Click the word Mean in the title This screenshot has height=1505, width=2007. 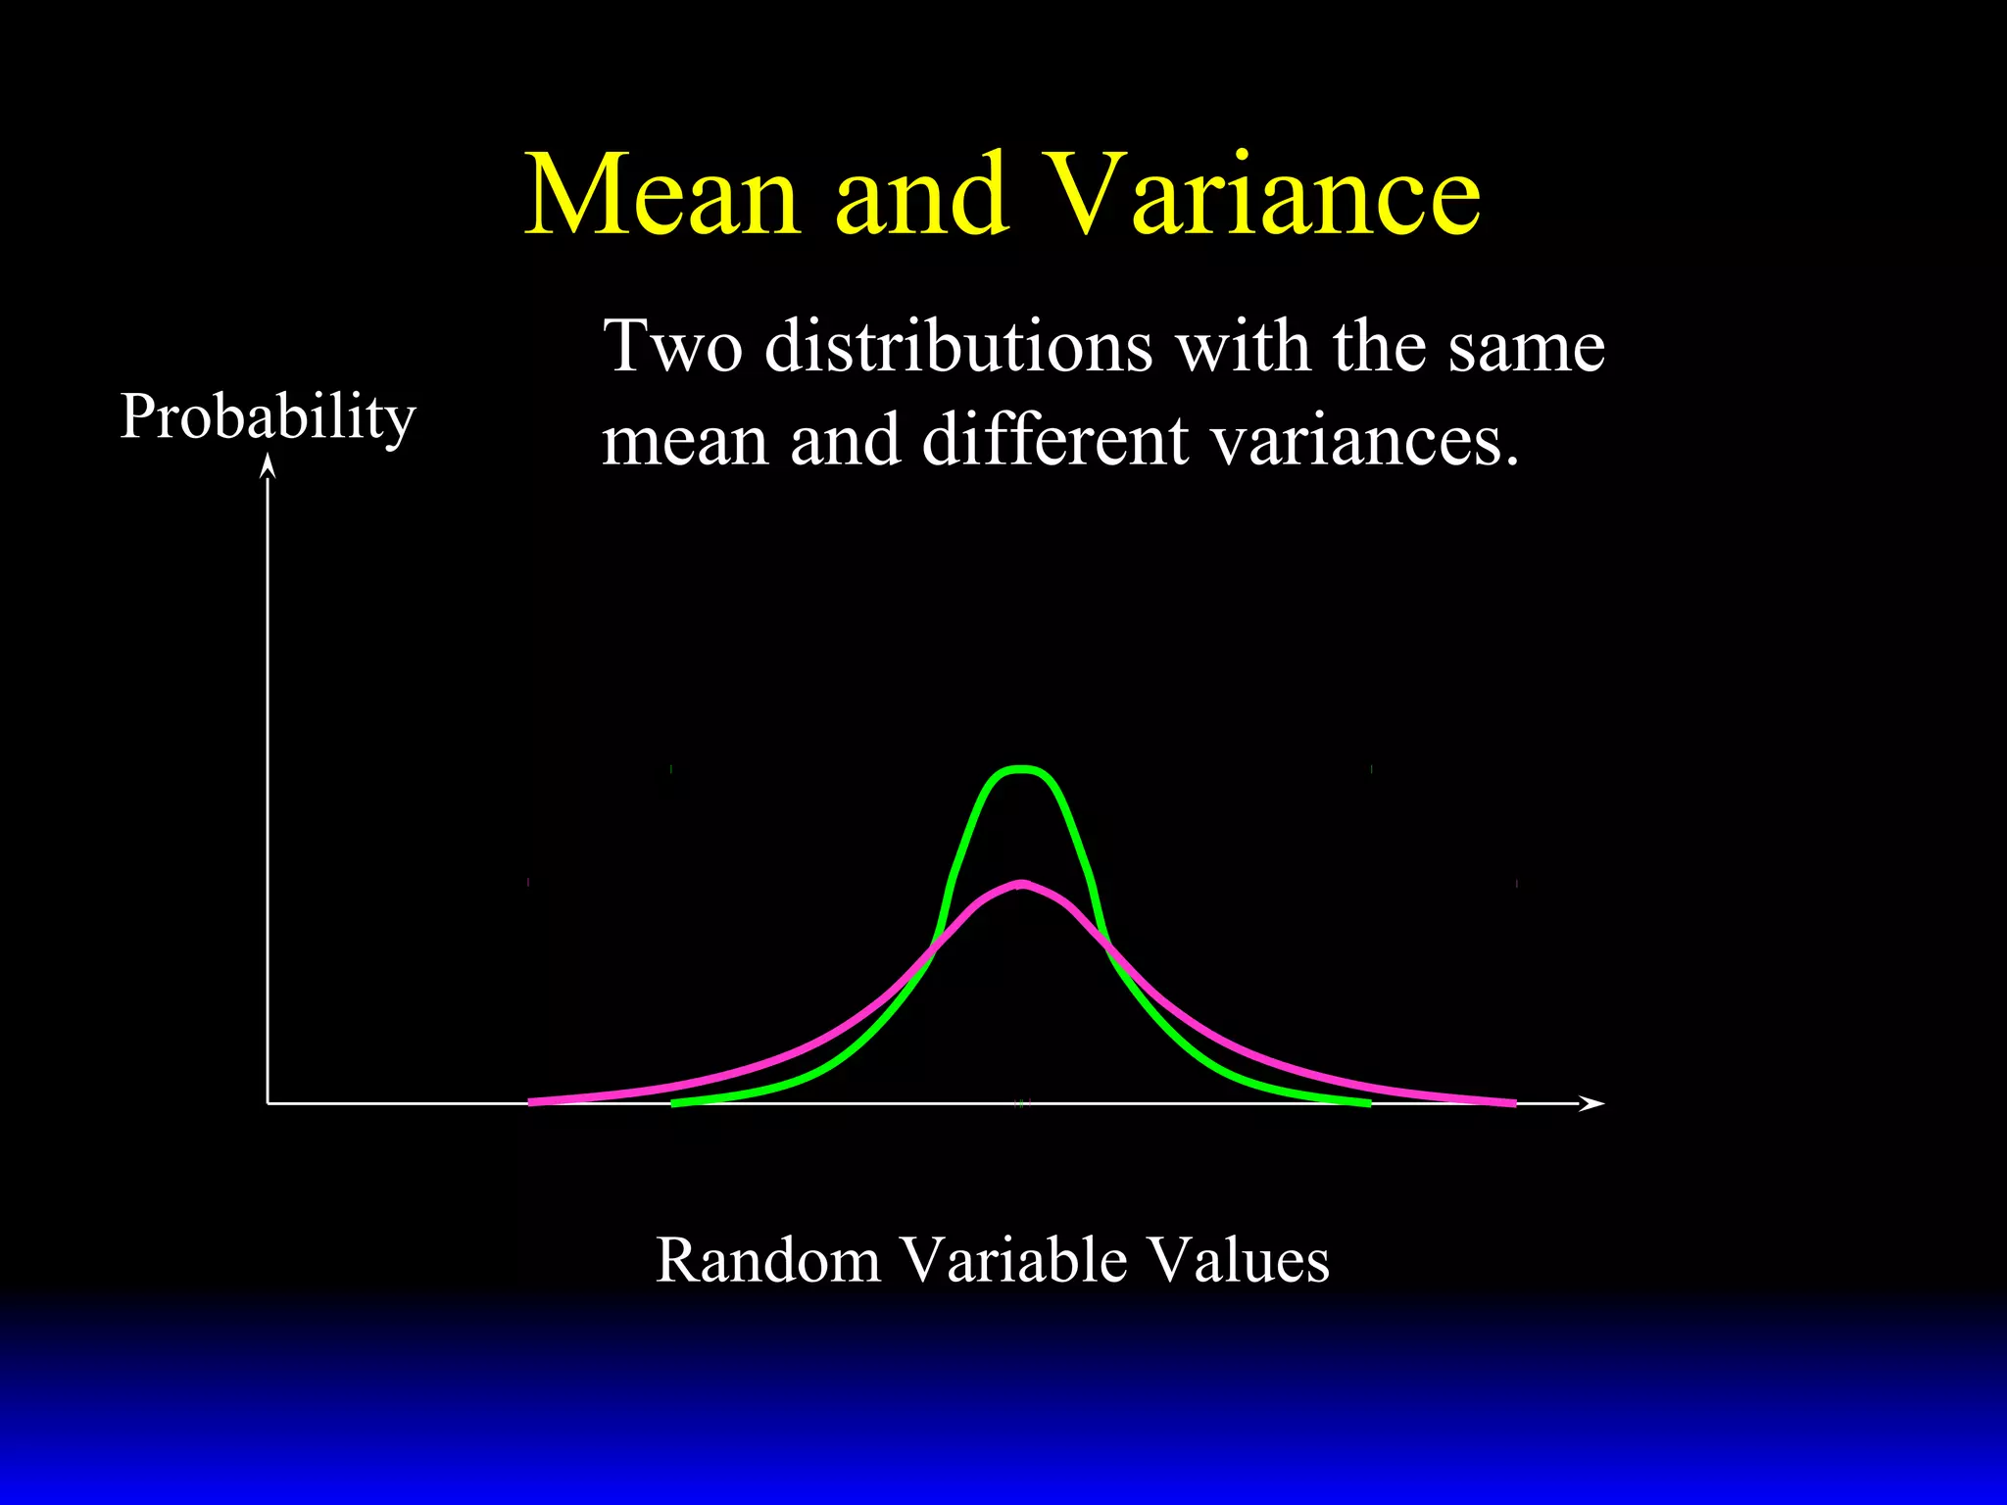coord(662,196)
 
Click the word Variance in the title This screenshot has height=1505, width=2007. coord(1262,196)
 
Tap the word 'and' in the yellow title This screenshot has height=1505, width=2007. coord(920,196)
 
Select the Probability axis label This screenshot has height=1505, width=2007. coord(268,417)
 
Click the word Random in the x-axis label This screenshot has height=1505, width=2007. coord(767,1260)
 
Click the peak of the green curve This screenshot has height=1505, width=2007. coord(1021,770)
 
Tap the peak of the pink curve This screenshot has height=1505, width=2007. coord(1022,885)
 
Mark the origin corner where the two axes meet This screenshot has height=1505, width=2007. coord(268,1103)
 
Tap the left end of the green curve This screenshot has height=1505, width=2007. coord(675,1103)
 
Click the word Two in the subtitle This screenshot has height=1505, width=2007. coord(672,347)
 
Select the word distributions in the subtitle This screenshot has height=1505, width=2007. coord(957,347)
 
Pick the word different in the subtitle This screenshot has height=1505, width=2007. coord(1054,441)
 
